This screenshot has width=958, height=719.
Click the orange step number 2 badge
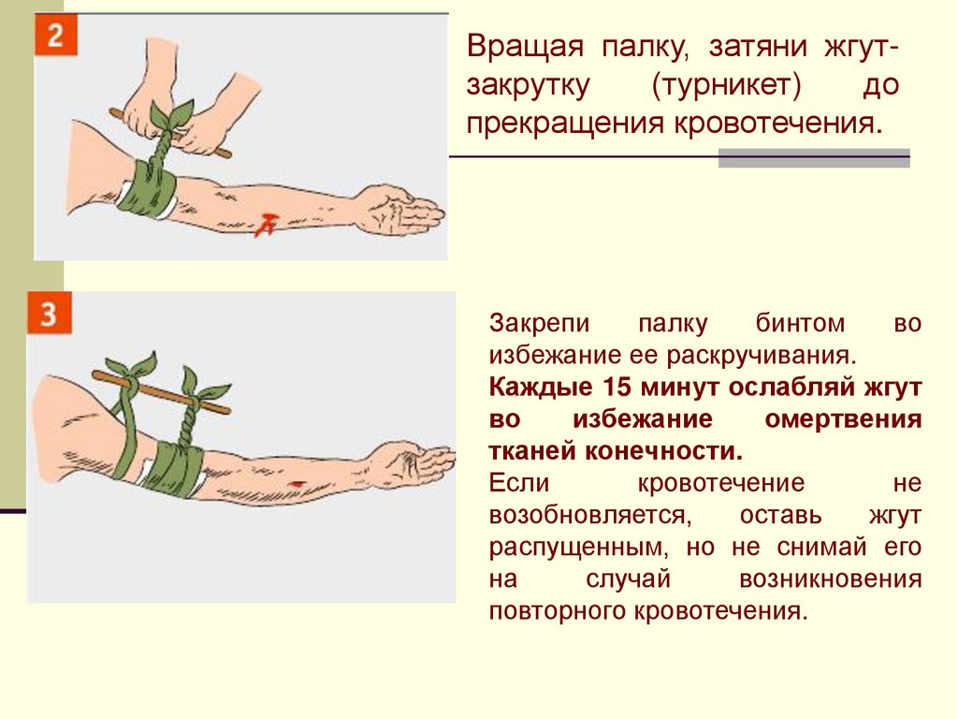[55, 35]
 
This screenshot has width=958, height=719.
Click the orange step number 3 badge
[49, 313]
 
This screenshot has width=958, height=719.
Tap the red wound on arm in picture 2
[266, 225]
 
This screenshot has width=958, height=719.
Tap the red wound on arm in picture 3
[298, 484]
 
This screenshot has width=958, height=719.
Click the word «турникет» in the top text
[726, 85]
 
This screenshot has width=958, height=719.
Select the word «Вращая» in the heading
[525, 47]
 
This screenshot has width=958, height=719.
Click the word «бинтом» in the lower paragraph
[800, 323]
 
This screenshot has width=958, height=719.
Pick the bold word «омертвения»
[843, 419]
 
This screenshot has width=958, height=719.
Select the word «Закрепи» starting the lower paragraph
[539, 323]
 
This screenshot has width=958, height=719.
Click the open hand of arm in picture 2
[401, 210]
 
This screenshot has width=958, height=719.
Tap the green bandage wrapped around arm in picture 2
[147, 187]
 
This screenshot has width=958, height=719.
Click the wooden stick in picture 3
[161, 392]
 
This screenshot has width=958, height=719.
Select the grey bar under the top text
[814, 158]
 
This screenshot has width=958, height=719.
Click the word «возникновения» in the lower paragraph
[831, 580]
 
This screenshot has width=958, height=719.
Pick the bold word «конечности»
[663, 452]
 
